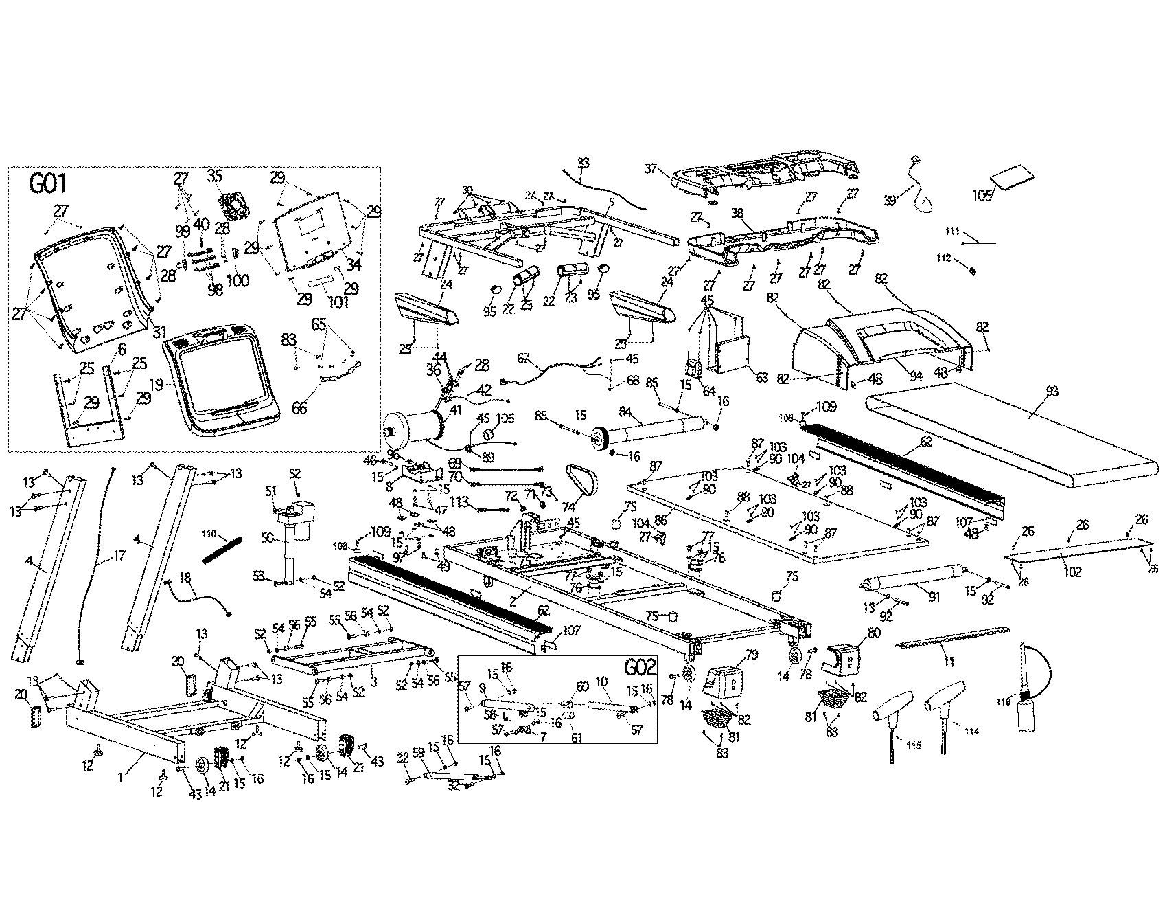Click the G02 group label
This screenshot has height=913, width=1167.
(640, 668)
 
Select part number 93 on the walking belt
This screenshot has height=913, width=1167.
(1052, 392)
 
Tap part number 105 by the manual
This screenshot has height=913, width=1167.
(983, 195)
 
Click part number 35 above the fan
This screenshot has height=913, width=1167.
(216, 176)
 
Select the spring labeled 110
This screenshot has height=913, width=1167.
(222, 551)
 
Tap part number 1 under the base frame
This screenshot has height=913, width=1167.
(121, 778)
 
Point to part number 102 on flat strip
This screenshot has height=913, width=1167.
(1072, 572)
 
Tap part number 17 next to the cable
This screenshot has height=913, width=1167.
(118, 555)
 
